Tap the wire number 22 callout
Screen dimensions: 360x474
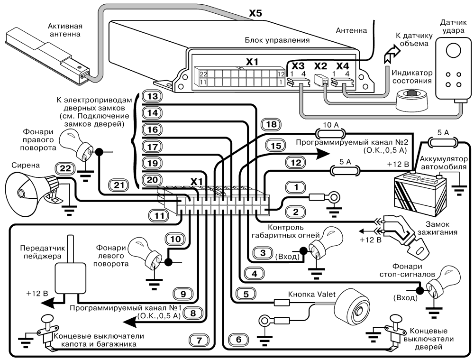pyautogui.click(x=64, y=167)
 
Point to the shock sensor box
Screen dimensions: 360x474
pyautogui.click(x=453, y=71)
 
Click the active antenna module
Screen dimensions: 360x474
pyautogui.click(x=45, y=55)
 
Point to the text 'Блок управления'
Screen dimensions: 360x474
pyautogui.click(x=273, y=40)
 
